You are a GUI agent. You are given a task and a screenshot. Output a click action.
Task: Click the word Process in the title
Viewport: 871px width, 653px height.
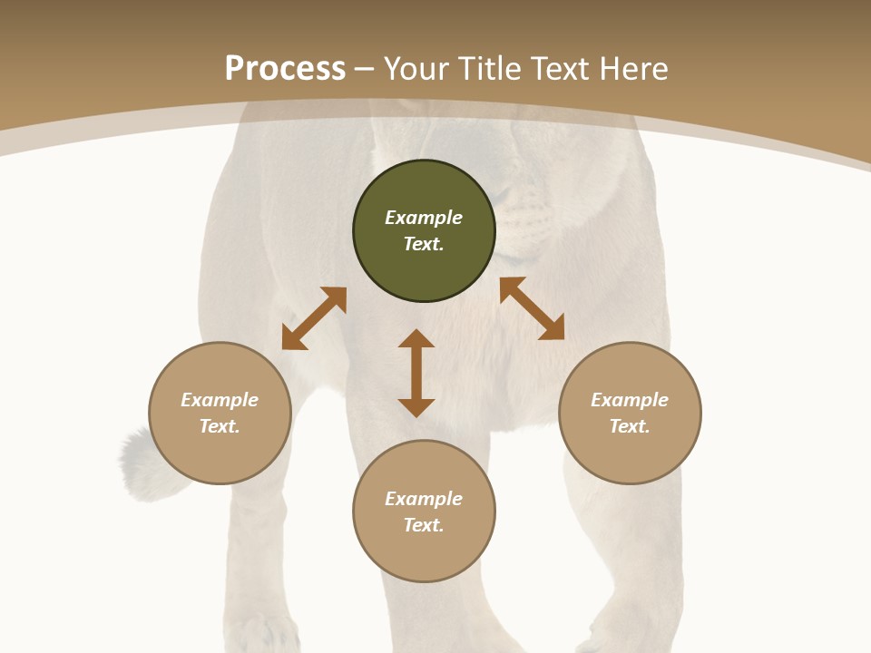point(285,69)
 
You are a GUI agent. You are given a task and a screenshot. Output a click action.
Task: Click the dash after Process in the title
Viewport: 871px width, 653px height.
point(365,70)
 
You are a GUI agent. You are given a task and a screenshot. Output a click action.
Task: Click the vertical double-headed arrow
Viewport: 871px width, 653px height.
point(416,373)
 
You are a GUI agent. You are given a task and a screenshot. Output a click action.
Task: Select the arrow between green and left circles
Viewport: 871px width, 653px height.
point(314,318)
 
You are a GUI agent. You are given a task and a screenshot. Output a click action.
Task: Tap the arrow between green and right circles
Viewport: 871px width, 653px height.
point(532,308)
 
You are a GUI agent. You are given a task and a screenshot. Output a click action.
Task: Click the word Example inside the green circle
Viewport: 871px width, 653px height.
point(424,218)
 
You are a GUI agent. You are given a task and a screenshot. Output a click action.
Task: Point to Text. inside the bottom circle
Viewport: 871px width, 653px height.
point(424,525)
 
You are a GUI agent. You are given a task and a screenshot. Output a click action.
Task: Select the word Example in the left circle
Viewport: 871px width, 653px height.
point(220,400)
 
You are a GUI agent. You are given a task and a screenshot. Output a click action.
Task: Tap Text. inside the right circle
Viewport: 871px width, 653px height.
point(630,426)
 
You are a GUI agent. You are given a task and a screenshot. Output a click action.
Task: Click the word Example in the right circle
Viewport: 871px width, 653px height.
point(630,400)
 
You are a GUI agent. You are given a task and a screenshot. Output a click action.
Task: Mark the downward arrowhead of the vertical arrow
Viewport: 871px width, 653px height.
point(416,406)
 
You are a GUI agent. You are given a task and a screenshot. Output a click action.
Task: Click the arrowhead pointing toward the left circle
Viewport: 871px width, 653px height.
point(293,339)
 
